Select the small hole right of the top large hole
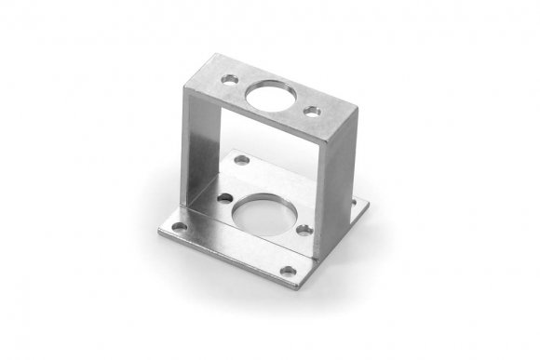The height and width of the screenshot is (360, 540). coord(314,111)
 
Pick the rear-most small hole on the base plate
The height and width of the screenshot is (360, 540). coord(241,160)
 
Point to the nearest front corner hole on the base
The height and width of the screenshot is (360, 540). coord(289,273)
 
